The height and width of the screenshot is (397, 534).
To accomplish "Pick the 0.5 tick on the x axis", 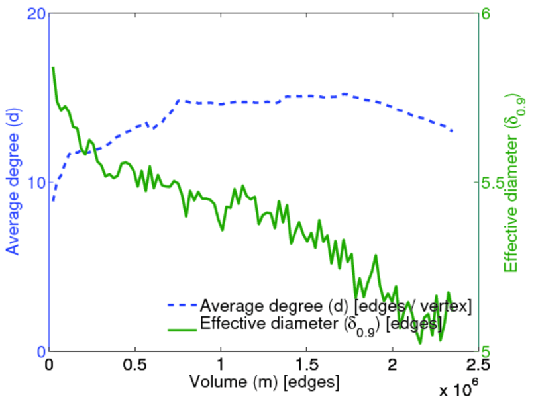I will click(135, 365).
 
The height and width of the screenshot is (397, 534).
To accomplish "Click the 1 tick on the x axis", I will click(221, 365).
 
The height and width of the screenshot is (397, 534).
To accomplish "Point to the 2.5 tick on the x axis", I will click(478, 365).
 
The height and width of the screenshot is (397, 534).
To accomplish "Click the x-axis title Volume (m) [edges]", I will click(264, 382).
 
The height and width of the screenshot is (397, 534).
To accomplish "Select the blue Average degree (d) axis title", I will click(13, 182).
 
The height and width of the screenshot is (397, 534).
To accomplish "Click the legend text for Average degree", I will click(335, 306).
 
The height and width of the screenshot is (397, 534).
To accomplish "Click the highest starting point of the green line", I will click(53, 67).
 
